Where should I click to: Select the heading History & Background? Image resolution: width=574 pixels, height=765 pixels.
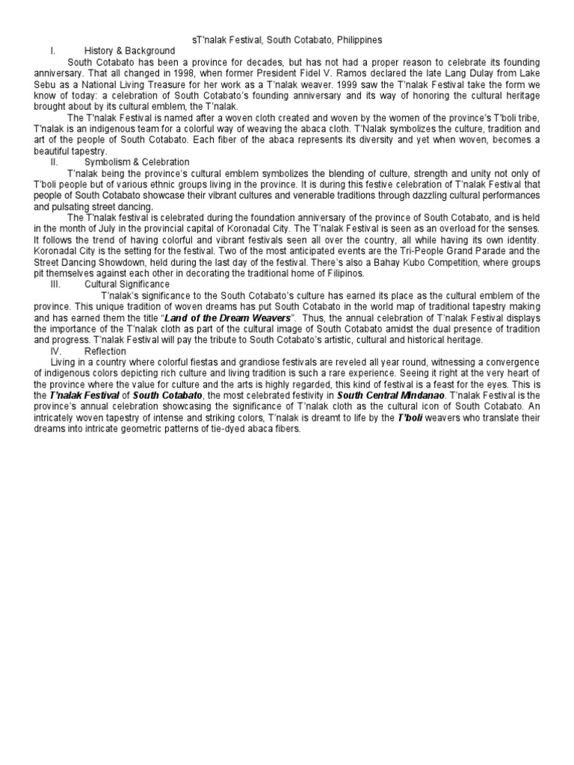(x=129, y=50)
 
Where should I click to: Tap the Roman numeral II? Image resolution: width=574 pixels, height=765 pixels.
(x=55, y=161)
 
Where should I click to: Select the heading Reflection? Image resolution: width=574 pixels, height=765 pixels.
(x=105, y=351)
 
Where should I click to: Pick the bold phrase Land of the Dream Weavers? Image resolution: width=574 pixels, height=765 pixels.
(x=227, y=318)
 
